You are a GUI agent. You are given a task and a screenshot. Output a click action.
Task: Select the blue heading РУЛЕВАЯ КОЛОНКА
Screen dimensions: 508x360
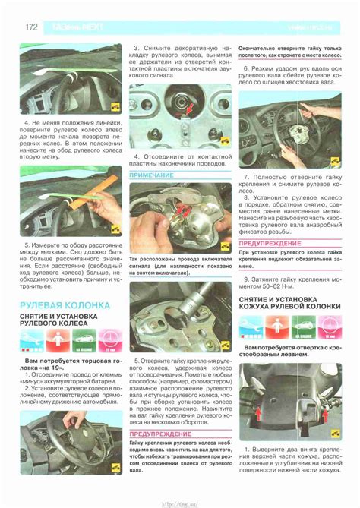65,304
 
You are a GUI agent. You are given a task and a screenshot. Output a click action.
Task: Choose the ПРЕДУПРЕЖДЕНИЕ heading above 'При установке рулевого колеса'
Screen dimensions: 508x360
270,243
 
